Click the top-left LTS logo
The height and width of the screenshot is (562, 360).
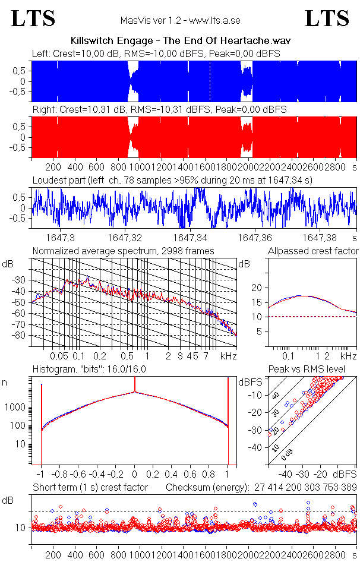tap(33, 18)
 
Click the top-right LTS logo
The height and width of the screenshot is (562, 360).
tap(327, 18)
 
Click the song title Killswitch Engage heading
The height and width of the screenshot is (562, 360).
tap(180, 41)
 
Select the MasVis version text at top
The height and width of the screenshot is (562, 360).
tap(180, 21)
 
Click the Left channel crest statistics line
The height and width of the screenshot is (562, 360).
tap(156, 53)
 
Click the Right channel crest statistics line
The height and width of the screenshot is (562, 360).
tap(159, 110)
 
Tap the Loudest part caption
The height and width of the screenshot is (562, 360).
tap(172, 179)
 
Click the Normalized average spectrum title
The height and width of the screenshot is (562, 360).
tap(124, 251)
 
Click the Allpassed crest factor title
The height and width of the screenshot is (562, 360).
tap(313, 251)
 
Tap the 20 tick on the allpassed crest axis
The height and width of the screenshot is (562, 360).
tap(256, 288)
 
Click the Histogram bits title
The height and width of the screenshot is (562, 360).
tap(89, 370)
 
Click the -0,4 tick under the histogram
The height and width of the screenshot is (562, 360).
tap(98, 475)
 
